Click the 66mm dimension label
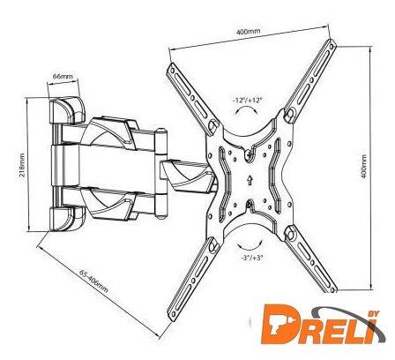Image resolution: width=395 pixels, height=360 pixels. pos(63,76)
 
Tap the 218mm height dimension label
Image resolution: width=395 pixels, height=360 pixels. pos(22,165)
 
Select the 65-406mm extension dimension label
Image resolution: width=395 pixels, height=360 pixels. pos(93,281)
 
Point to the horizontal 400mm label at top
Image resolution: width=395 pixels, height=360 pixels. pos(248,31)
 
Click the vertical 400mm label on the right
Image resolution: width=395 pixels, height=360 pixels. pos(364,167)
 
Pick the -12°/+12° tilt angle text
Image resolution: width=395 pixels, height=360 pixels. pos(247,100)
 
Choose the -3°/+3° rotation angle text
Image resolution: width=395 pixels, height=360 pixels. pos(251,258)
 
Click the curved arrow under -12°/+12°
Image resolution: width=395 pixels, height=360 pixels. pos(247,110)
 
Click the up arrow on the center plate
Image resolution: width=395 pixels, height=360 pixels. pos(250,180)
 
